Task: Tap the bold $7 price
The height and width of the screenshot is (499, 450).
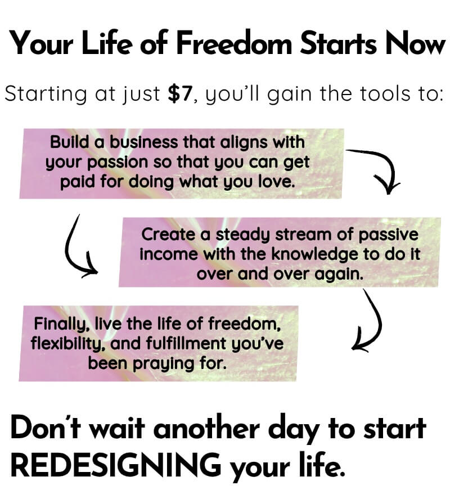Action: click(181, 94)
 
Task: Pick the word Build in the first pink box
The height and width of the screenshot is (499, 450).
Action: click(70, 142)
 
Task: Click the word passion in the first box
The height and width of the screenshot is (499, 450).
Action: click(118, 163)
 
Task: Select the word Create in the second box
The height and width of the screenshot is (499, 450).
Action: click(168, 235)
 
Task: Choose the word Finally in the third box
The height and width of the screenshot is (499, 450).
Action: click(60, 324)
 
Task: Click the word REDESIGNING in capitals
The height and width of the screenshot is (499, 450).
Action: click(116, 464)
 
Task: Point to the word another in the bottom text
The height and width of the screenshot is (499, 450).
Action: click(207, 428)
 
